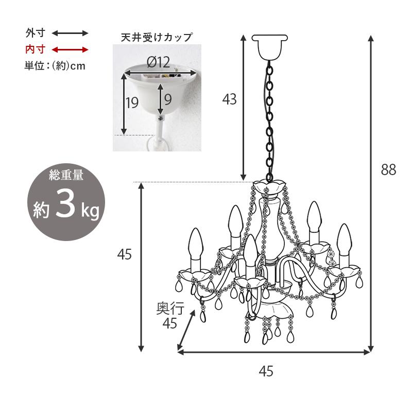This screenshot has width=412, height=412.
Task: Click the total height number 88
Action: pyautogui.click(x=388, y=170)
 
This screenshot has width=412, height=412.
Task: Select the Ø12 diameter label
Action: pyautogui.click(x=158, y=62)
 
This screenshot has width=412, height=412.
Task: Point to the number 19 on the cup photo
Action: pyautogui.click(x=132, y=102)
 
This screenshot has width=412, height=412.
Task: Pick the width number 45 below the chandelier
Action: pyautogui.click(x=266, y=371)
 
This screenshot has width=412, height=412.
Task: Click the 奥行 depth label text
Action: pyautogui.click(x=169, y=308)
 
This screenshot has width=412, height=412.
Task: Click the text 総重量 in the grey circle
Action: pyautogui.click(x=65, y=176)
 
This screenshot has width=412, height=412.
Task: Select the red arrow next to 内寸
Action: pyautogui.click(x=70, y=49)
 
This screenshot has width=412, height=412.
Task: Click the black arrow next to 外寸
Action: pyautogui.click(x=70, y=33)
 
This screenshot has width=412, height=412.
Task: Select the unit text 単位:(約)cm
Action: pyautogui.click(x=55, y=66)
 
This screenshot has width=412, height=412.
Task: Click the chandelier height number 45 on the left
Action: pyautogui.click(x=124, y=254)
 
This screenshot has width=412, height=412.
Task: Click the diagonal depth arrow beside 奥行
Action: pyautogui.click(x=186, y=330)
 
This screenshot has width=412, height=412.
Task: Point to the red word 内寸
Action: pyautogui.click(x=36, y=49)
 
